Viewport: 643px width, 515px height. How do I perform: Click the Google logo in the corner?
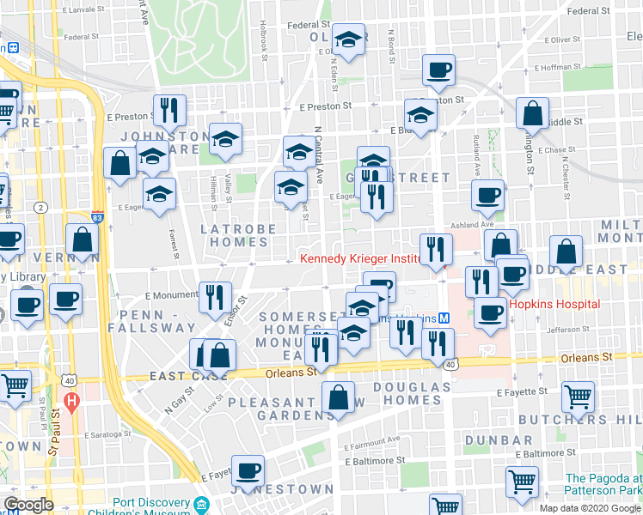[x=29, y=505]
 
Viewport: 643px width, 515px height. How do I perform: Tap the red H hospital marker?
[x=72, y=400]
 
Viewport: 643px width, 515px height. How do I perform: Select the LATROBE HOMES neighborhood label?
[x=238, y=237]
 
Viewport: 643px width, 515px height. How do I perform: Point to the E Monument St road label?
[x=174, y=294]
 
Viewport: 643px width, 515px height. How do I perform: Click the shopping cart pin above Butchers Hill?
[x=578, y=396]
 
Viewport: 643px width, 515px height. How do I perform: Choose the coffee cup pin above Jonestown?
[x=248, y=470]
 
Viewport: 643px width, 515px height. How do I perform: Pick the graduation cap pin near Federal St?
[x=349, y=39]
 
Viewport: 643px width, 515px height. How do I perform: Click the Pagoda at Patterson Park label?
[x=603, y=484]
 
